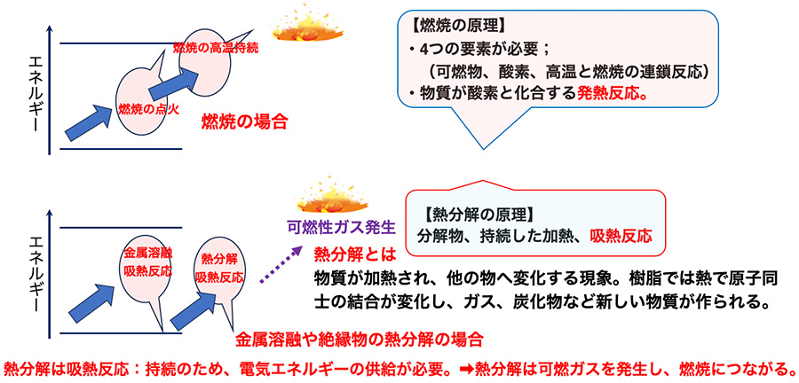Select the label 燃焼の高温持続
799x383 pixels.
click(x=215, y=45)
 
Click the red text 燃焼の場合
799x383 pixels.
click(x=245, y=121)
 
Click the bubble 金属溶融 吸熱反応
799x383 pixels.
click(x=146, y=261)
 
